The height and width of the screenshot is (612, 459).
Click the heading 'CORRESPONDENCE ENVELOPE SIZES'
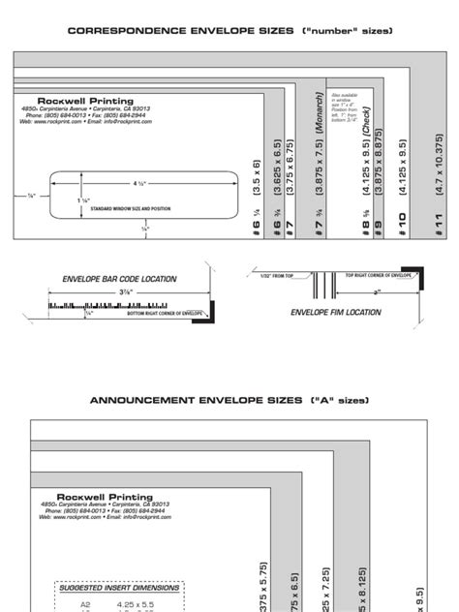[x=180, y=31]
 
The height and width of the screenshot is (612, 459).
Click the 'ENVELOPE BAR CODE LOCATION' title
[x=119, y=279]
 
